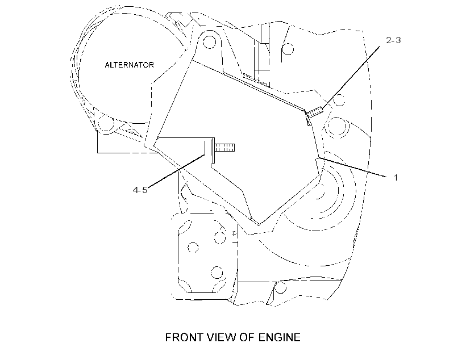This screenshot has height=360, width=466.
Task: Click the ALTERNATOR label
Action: tap(129, 65)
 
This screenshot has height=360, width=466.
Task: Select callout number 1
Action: tap(396, 177)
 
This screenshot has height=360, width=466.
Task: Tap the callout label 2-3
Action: tap(393, 40)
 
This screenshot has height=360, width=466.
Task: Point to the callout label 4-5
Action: tap(140, 190)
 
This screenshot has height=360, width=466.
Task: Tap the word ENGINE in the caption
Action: tap(280, 337)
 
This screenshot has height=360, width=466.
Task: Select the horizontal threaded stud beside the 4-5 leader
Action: tap(224, 147)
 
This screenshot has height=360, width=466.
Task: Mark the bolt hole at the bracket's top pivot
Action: tap(209, 42)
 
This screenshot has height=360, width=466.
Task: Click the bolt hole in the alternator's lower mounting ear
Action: tap(106, 123)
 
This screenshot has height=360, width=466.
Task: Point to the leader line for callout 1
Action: tap(352, 167)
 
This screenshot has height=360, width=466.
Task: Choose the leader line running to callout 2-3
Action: tap(351, 77)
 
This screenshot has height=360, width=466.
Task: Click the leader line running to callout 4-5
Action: tap(176, 171)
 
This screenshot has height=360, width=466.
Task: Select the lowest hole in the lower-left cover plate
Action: tap(217, 273)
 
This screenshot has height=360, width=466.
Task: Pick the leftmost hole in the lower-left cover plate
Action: tap(193, 247)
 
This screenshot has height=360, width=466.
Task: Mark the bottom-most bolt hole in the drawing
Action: tap(280, 287)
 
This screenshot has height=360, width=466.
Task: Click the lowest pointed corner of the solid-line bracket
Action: tap(259, 225)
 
